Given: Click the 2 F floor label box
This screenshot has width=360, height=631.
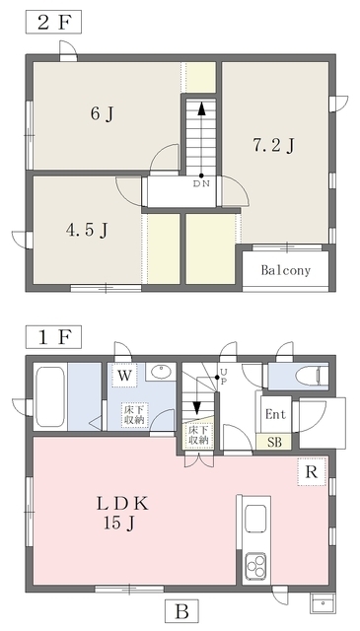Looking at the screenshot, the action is [53, 22].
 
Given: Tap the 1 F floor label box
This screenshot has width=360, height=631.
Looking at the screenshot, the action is [53, 337].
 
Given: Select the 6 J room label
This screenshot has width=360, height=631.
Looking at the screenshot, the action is [102, 114].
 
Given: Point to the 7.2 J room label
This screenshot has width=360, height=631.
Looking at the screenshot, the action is [274, 146].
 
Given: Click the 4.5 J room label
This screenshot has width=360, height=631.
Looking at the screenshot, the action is [88, 231].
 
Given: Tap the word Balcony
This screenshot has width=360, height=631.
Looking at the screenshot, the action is [286, 270].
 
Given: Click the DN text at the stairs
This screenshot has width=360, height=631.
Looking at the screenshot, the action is [202, 184].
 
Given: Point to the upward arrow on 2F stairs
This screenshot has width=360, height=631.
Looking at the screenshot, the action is [201, 139].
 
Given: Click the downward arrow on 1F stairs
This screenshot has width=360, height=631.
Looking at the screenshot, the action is [197, 396].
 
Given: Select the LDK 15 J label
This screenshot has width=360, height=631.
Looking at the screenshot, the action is [121, 513].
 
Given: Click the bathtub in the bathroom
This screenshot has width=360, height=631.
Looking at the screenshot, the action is [50, 396].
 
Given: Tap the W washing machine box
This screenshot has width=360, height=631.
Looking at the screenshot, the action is [124, 376].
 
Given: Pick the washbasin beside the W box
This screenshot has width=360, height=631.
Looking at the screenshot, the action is [160, 371].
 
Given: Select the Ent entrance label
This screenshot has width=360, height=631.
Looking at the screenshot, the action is [276, 414].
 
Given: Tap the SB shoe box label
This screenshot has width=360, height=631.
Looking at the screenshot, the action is [274, 443].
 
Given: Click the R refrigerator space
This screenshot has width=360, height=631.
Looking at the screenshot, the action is [312, 471].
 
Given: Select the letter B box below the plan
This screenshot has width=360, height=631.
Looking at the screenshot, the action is [181, 612].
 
